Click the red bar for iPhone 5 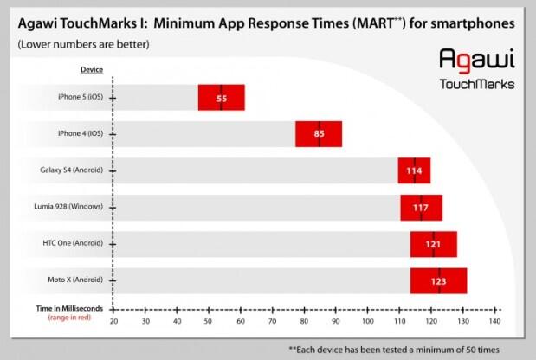point(221,98)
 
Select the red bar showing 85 point(319,134)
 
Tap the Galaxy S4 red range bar point(414,170)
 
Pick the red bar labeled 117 point(421,208)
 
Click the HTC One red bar point(433,245)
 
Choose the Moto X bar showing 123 point(438,281)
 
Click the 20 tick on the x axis point(114,322)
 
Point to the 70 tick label point(273,322)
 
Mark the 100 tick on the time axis point(368,322)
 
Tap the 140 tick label point(495,322)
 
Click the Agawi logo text point(477,61)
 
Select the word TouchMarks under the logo point(477,84)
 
